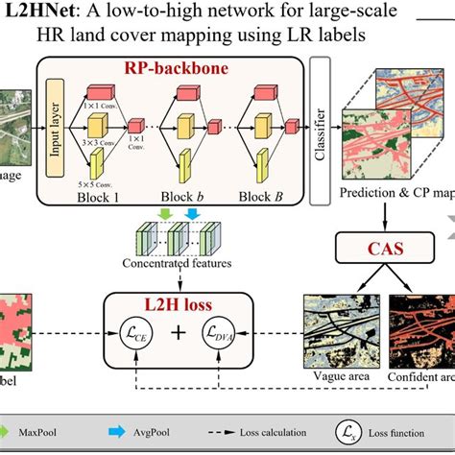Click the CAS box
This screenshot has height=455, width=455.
pyautogui.click(x=379, y=252)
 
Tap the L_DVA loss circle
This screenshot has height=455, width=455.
pyautogui.click(x=216, y=335)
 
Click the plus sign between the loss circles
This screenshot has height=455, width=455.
pyautogui.click(x=173, y=335)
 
